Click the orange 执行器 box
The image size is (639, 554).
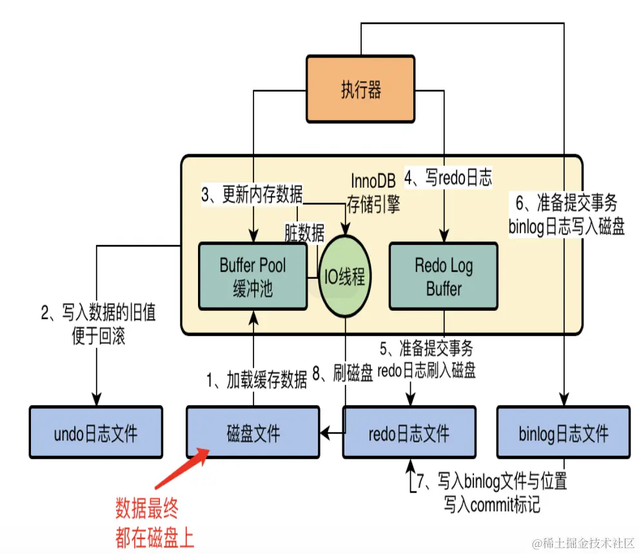coord(360,89)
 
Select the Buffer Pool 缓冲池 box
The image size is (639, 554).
coord(252,276)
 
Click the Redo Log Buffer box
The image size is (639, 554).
coord(443,276)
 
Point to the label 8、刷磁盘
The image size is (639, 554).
coord(342,374)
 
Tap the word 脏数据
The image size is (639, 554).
coord(304,232)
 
